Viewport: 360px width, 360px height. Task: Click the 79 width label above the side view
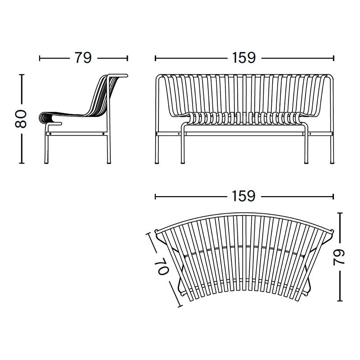point(83,58)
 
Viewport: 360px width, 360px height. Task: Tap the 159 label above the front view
point(244,58)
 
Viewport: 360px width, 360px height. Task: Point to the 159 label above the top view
point(244,196)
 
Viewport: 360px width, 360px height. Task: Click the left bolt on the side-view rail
point(50,134)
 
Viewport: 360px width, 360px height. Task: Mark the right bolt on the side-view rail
point(104,134)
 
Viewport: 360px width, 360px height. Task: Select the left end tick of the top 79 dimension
point(40,58)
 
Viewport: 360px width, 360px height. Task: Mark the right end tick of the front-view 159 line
point(334,58)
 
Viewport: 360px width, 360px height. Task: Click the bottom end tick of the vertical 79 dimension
point(340,301)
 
